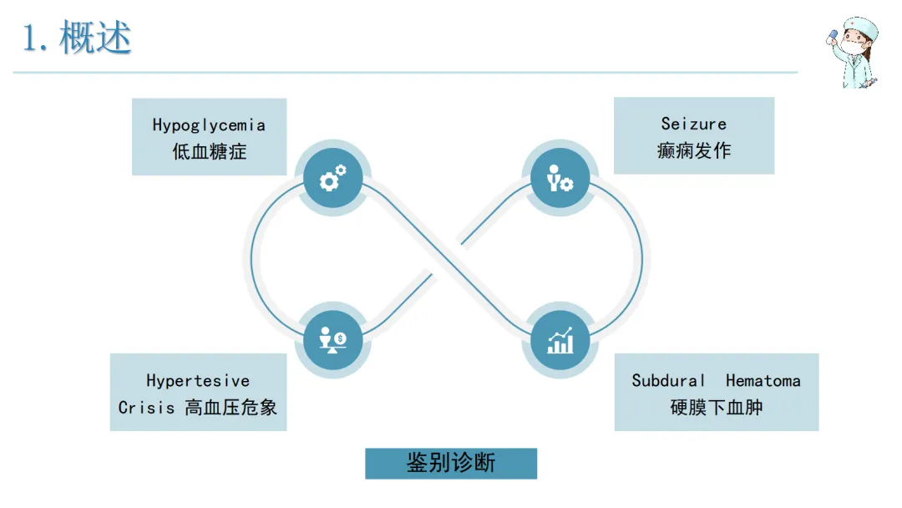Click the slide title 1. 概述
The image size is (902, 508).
pos(77,38)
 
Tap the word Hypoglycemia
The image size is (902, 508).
pos(209,125)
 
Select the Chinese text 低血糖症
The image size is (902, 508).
pos(209,151)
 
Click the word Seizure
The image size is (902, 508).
pos(693,124)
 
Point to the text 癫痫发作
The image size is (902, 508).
pos(693,150)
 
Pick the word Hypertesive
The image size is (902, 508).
pos(198,381)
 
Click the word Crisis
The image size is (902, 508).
pos(146,408)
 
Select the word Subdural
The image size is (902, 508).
pos(668,381)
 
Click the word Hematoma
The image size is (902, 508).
pos(763,381)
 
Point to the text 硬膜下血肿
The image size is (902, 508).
pos(716,408)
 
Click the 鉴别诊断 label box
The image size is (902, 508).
pos(451,463)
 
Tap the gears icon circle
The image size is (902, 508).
pos(332,177)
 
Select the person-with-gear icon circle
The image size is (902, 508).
pos(560,177)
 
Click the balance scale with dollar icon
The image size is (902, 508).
pos(332,339)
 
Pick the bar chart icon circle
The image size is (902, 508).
pos(560,340)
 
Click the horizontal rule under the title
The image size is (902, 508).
pos(405,73)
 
